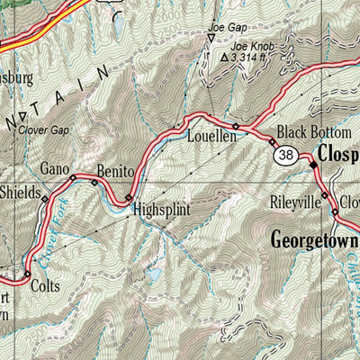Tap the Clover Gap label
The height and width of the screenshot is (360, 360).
coord(41,129)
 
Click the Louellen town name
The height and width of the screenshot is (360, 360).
coord(210,139)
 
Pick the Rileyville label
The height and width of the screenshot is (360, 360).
coord(295,203)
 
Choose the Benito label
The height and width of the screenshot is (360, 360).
coord(115,170)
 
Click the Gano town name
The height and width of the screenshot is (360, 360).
coord(55,168)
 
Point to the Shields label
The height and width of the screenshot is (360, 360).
coord(20,192)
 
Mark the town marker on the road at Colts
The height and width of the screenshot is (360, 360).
coord(27,274)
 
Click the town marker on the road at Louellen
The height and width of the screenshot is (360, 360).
coord(236,126)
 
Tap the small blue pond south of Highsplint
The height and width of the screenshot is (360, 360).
coord(154,272)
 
